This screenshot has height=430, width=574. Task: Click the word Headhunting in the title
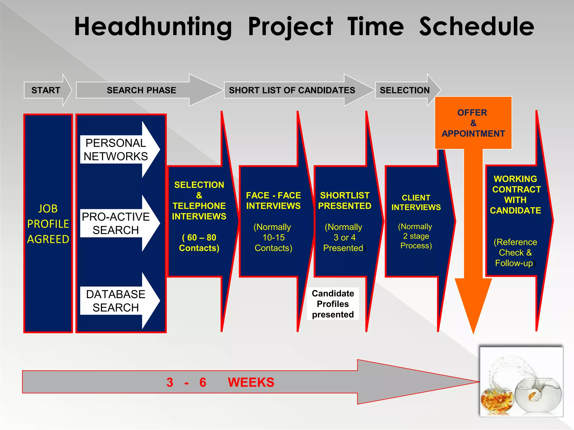point(153,27)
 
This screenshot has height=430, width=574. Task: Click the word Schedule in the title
point(476,27)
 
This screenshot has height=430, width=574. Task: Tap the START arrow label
point(46,90)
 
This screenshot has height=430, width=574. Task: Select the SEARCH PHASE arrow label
point(141,90)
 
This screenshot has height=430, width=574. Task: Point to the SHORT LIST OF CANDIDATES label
point(292,90)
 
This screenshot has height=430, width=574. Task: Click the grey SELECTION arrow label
point(404,90)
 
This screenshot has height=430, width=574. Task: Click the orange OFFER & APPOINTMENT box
point(473,123)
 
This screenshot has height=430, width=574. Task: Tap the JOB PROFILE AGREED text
point(48,224)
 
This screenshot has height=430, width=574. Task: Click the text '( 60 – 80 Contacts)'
point(199,243)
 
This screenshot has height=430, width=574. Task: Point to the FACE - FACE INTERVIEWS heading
point(273,200)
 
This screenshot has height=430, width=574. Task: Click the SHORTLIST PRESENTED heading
point(344,200)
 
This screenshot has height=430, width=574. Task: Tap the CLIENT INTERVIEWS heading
point(416,202)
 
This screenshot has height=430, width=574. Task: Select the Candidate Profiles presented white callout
point(333,304)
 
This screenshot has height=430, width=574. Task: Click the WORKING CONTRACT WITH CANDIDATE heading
point(515,195)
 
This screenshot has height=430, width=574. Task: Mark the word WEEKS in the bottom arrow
point(251,382)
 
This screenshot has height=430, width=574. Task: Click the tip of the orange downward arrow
point(473,332)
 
